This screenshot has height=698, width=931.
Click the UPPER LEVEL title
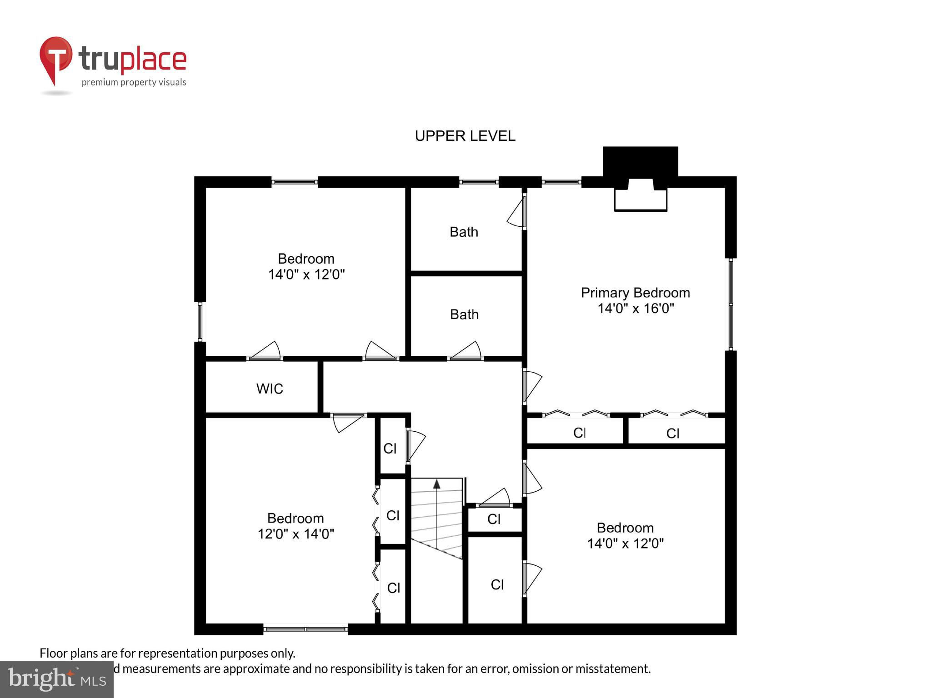tap(465, 136)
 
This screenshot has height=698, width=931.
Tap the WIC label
tap(270, 389)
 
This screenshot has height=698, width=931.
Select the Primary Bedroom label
tap(636, 293)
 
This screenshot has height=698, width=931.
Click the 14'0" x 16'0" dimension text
tap(636, 309)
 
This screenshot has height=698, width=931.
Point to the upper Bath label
tap(464, 232)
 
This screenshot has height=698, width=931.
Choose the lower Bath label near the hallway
tap(464, 314)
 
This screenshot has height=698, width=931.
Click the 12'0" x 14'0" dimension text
tap(296, 533)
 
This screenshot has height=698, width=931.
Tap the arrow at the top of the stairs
tap(437, 514)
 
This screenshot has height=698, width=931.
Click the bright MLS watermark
tap(57, 679)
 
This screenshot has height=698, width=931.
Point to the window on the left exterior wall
tap(200, 322)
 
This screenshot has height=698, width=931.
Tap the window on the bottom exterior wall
tap(305, 629)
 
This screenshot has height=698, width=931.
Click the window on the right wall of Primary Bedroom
tap(731, 304)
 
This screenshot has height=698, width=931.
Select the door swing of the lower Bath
tap(466, 350)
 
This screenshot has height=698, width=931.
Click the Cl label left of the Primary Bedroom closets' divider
tap(579, 433)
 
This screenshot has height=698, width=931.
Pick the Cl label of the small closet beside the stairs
tap(494, 519)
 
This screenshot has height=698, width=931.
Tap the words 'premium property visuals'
tap(134, 82)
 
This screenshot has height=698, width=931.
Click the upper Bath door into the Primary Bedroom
tap(517, 211)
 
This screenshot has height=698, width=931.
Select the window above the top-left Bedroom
tap(295, 182)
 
